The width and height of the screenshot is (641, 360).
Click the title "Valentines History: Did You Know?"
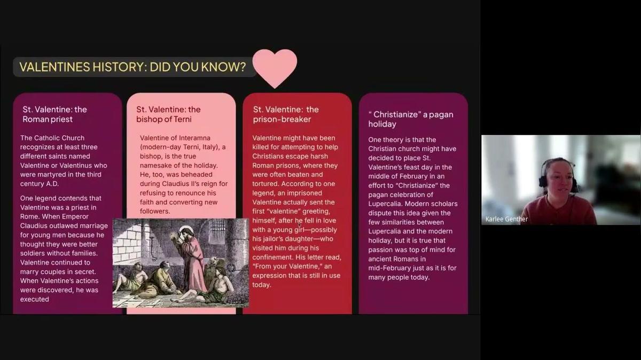[x=132, y=67]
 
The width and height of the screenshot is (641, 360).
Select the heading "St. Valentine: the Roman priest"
[x=54, y=114]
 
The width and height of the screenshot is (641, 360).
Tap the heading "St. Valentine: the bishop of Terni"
[x=168, y=114]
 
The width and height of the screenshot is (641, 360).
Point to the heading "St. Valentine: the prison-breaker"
[x=286, y=114]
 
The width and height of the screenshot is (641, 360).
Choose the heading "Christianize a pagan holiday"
[x=411, y=119]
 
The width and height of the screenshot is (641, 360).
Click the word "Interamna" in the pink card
[x=194, y=138]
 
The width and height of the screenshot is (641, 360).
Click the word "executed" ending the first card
[x=34, y=299]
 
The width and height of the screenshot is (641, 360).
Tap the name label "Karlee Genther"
[x=506, y=219]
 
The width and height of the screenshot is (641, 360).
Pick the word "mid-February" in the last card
[x=388, y=268]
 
